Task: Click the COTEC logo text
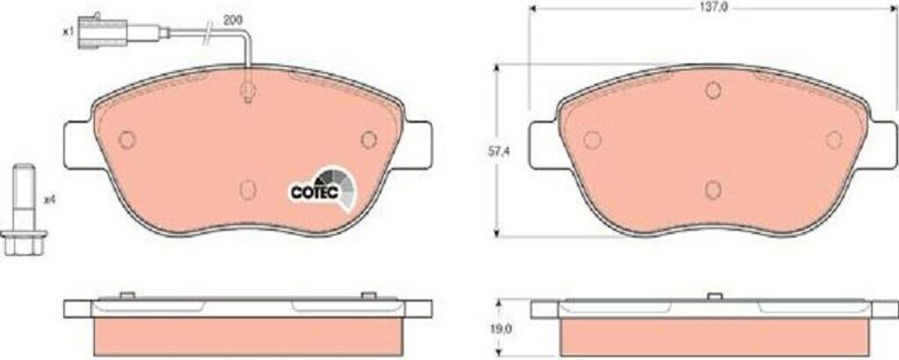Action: pos(310,193)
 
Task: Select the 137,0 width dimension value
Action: pos(713,9)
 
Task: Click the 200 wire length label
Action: pos(232,20)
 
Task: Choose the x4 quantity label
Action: pos(49,200)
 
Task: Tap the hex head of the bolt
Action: pos(24,242)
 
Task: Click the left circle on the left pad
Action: pos(126,140)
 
